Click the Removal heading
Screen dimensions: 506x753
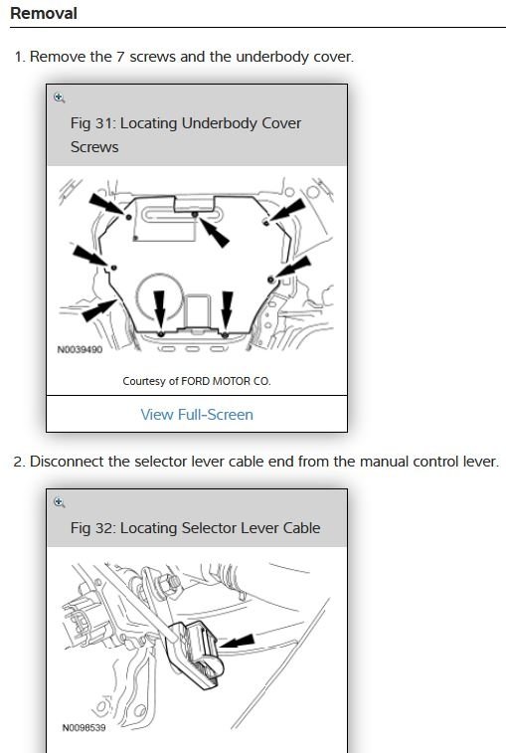point(43,13)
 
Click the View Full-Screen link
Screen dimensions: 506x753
point(197,415)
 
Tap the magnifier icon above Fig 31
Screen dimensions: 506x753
point(59,97)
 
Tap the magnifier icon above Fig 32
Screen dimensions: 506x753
point(59,502)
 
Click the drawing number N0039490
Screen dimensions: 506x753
point(80,349)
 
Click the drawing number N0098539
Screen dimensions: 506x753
point(84,727)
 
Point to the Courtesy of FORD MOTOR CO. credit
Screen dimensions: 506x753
point(197,381)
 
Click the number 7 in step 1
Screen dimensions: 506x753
point(120,57)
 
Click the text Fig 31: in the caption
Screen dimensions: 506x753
point(92,123)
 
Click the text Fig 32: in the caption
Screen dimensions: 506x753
point(92,528)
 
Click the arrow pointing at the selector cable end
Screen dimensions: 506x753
point(237,642)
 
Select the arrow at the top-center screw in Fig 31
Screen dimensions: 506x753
point(214,233)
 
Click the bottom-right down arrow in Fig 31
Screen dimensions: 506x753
point(227,309)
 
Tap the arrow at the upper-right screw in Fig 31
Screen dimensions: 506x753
point(287,210)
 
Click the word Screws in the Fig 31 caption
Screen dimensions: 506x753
point(94,147)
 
